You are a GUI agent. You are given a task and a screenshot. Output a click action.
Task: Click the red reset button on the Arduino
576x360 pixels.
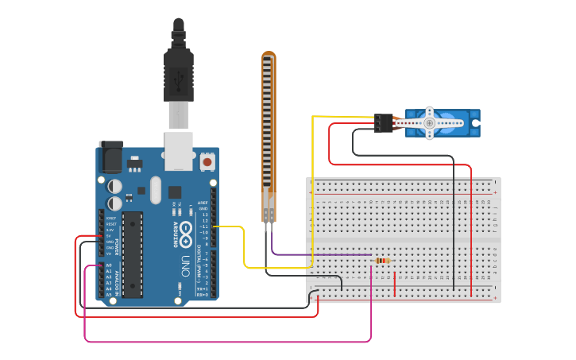pyautogui.click(x=207, y=162)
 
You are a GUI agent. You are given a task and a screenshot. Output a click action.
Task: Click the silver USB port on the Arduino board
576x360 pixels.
pyautogui.click(x=179, y=151)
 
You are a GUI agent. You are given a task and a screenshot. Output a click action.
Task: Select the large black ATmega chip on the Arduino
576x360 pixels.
pyautogui.click(x=132, y=254)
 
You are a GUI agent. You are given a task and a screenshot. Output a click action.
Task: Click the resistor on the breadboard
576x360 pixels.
pyautogui.click(x=383, y=261)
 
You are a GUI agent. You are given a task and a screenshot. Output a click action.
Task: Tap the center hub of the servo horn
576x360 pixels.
pyautogui.click(x=429, y=123)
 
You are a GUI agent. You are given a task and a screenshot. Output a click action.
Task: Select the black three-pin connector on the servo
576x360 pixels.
pyautogui.click(x=384, y=122)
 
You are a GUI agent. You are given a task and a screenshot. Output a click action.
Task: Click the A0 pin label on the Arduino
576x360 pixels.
pyautogui.click(x=109, y=265)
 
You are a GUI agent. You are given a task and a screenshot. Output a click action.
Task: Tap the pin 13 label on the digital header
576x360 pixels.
pyautogui.click(x=205, y=220)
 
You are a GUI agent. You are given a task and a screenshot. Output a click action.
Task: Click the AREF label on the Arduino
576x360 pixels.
pyautogui.click(x=203, y=203)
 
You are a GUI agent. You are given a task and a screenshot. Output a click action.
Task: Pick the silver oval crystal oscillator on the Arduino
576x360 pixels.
pyautogui.click(x=155, y=190)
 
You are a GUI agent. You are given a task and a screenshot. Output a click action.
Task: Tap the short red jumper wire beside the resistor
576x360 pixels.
pyautogui.click(x=395, y=284)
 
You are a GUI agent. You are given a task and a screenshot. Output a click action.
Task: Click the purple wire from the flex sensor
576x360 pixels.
pyautogui.click(x=318, y=254)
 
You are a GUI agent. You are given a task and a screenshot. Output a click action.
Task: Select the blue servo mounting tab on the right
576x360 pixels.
pyautogui.click(x=474, y=124)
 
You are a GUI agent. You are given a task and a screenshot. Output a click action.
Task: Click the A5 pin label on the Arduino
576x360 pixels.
pyautogui.click(x=109, y=295)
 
